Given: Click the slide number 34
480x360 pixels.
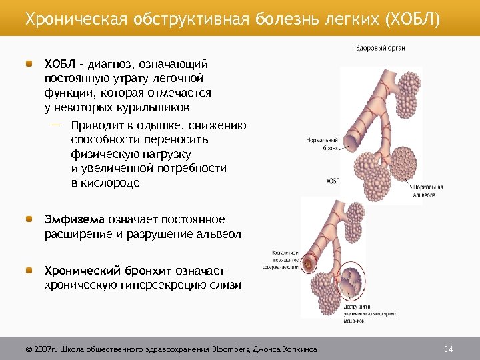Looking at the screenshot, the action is (x=448, y=349).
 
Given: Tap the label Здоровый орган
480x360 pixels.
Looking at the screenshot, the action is (x=381, y=48).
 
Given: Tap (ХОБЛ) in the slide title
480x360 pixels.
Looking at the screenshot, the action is (x=413, y=17).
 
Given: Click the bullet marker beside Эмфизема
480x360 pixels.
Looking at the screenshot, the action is (x=30, y=219).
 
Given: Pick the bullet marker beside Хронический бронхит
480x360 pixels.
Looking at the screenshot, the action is (x=30, y=271).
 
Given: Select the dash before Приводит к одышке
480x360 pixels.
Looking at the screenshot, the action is (x=55, y=125).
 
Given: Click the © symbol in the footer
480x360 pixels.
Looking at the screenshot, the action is (x=29, y=349).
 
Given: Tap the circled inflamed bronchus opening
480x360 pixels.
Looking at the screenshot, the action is (x=309, y=265).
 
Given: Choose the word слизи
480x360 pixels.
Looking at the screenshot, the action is (x=226, y=285).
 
